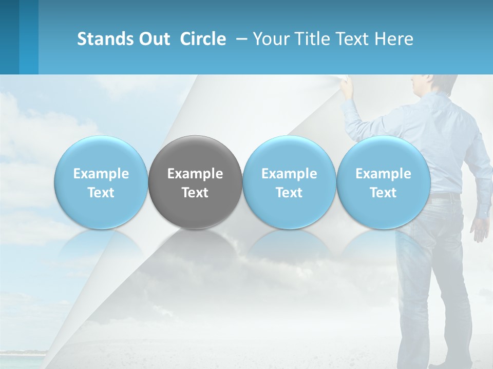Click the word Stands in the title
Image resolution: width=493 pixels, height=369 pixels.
[106, 39]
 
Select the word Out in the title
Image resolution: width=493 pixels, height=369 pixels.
[154, 39]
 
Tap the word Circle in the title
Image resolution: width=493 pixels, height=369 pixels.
[203, 39]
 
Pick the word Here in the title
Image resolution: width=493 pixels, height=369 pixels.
[394, 39]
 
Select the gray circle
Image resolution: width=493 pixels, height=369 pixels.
[195, 182]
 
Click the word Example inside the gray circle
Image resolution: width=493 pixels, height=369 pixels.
[195, 174]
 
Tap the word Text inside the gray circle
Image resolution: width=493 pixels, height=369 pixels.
[195, 193]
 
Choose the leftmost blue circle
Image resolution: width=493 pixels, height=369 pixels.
[101, 182]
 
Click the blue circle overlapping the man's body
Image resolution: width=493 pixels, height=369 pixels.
[384, 182]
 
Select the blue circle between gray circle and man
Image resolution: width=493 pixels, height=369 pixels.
[289, 182]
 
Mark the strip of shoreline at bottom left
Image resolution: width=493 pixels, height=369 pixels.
[23, 353]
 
